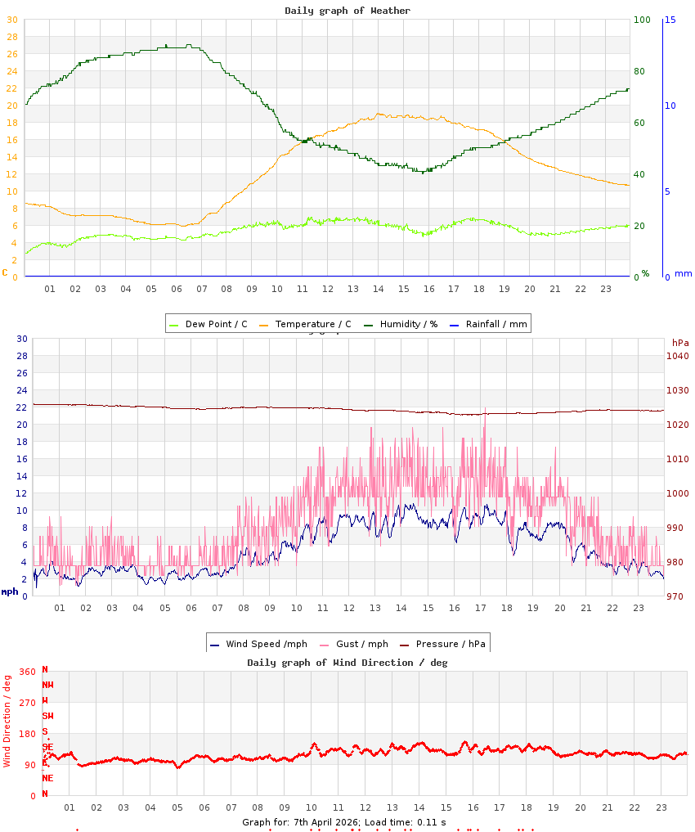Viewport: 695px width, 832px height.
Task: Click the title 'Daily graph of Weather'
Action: (x=347, y=11)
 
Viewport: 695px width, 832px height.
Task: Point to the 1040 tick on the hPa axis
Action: (x=678, y=356)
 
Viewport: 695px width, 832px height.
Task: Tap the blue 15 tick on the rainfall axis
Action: (x=670, y=20)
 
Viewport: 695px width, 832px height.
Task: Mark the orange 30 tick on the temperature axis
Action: (x=11, y=20)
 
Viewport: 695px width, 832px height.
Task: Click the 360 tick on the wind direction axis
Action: (x=27, y=672)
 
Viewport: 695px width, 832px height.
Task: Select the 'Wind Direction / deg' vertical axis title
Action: (x=7, y=721)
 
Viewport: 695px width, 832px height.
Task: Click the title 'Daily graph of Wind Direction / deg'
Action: (x=347, y=663)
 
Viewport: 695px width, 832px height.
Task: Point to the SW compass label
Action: (x=48, y=716)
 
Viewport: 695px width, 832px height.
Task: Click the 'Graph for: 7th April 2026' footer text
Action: (x=301, y=821)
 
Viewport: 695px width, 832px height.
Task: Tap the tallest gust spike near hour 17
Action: (x=485, y=409)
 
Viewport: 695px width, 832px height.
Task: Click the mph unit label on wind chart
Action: (x=9, y=591)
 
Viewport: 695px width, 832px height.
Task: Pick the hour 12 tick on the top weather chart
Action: (x=328, y=289)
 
